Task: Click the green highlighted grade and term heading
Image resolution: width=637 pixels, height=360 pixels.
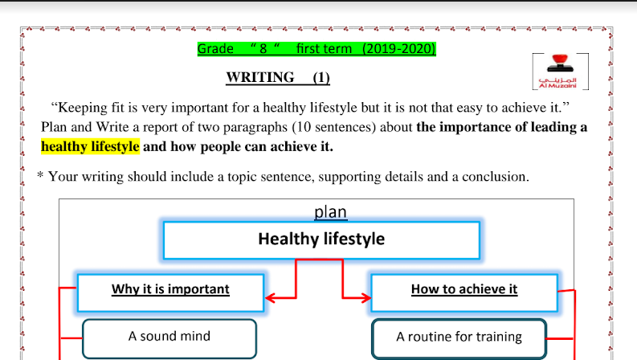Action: click(x=316, y=49)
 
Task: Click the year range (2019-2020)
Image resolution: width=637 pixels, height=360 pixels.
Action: click(x=398, y=49)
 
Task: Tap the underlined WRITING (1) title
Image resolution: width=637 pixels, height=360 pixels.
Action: click(x=278, y=77)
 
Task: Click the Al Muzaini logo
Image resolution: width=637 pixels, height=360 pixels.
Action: click(x=560, y=71)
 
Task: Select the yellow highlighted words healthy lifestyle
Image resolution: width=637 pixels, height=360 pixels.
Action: click(x=90, y=146)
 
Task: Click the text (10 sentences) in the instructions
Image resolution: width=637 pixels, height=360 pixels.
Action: click(x=334, y=127)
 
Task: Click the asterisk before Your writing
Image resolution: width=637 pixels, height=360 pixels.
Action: click(x=40, y=175)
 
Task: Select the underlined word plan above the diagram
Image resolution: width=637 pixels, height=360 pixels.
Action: click(x=331, y=212)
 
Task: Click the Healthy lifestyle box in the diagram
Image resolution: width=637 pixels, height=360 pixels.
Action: click(x=321, y=240)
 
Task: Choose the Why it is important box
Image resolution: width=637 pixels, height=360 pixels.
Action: click(x=170, y=292)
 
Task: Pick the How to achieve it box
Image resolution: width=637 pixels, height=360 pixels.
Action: click(x=464, y=292)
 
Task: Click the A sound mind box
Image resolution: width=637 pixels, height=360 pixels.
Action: click(x=169, y=338)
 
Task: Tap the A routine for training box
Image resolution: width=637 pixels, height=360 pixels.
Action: click(x=459, y=339)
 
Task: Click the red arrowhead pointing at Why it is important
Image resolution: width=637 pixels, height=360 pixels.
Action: click(x=270, y=298)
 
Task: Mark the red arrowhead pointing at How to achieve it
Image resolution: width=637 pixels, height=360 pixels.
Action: click(x=365, y=298)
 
